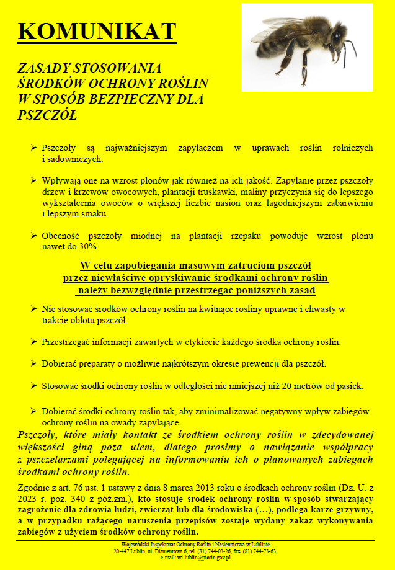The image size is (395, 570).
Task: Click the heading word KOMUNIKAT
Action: (97, 31)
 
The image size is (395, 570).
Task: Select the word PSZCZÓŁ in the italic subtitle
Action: (47, 115)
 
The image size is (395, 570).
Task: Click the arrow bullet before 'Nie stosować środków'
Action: (33, 309)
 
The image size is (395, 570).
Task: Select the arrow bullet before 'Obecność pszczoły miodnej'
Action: (33, 236)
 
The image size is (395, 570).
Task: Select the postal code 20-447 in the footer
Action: (124, 551)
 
